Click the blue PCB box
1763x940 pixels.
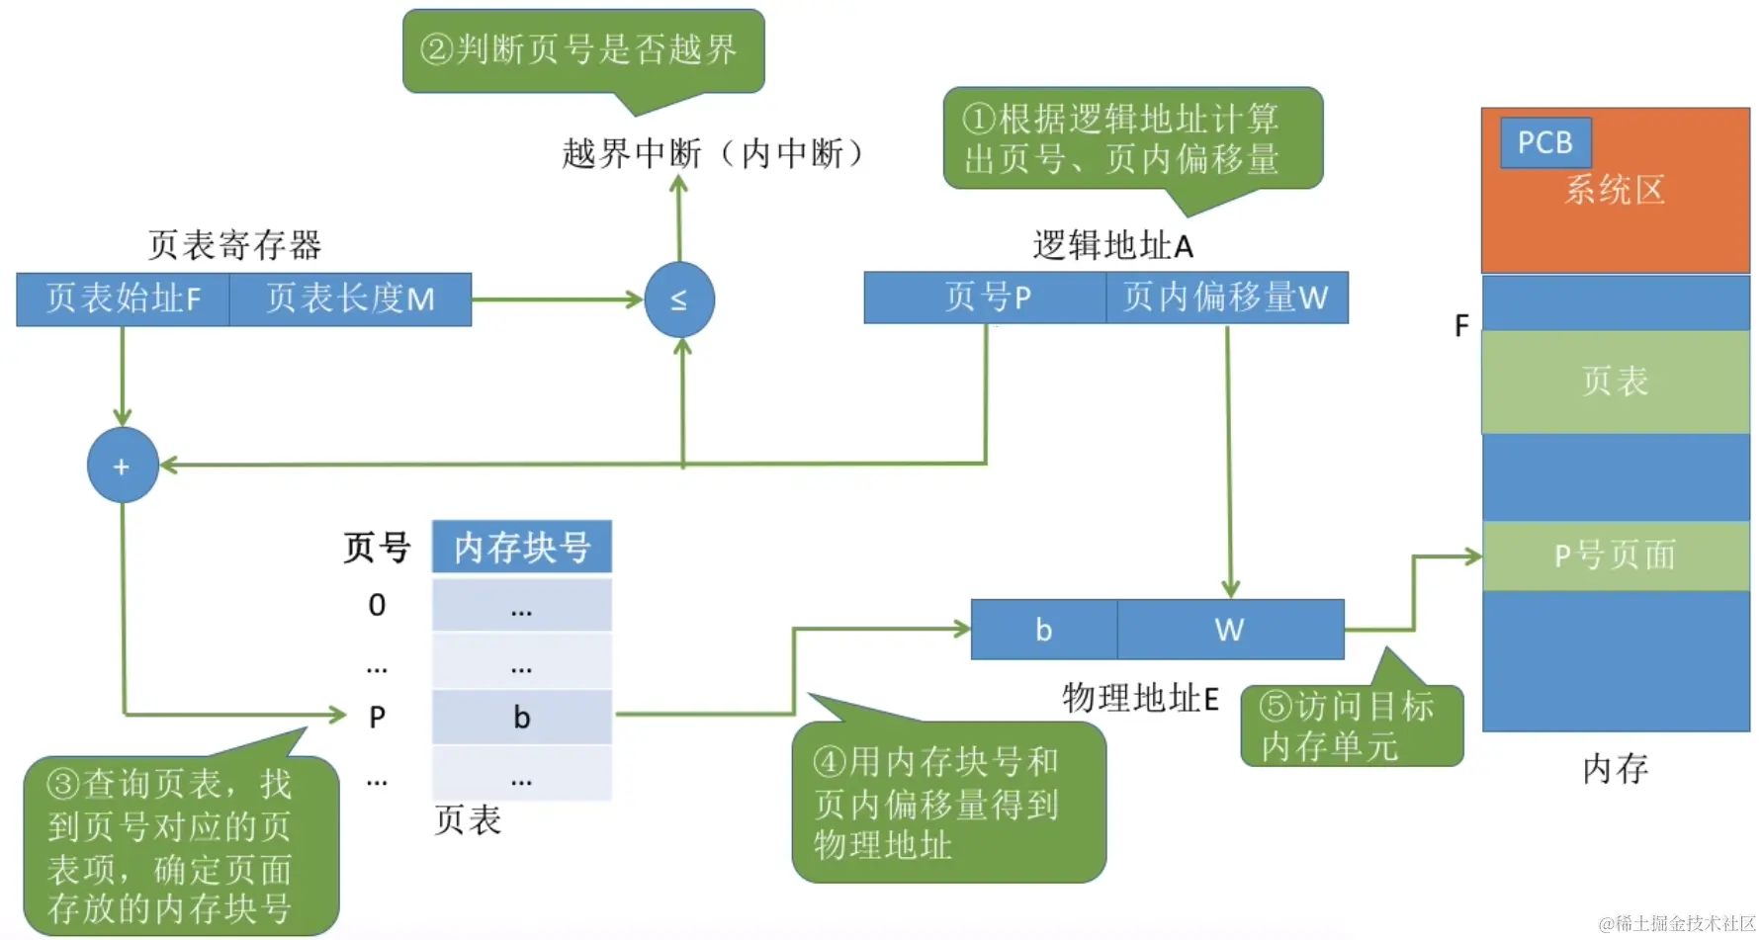tap(1544, 142)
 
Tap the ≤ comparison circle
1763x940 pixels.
tap(679, 299)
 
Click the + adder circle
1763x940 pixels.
tap(123, 466)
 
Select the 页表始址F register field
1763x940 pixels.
tap(124, 299)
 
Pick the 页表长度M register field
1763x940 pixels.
tap(350, 299)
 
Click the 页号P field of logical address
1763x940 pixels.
tap(985, 297)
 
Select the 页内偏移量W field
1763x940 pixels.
tap(1226, 297)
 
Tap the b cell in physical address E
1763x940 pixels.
tap(1043, 630)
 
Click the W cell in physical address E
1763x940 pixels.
tap(1229, 630)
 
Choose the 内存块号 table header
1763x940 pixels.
tap(522, 547)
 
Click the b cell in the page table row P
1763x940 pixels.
tap(522, 717)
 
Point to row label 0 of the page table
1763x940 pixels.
tap(377, 605)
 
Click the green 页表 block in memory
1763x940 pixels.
tap(1615, 382)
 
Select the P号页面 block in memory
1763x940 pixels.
tap(1615, 555)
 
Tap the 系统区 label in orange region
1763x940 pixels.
tap(1615, 190)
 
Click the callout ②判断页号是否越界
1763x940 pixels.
tap(582, 49)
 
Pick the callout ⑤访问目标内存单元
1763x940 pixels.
tap(1350, 726)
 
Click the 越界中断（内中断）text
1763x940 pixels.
tap(713, 153)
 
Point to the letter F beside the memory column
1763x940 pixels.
tap(1461, 325)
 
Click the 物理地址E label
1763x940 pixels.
tap(1140, 698)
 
